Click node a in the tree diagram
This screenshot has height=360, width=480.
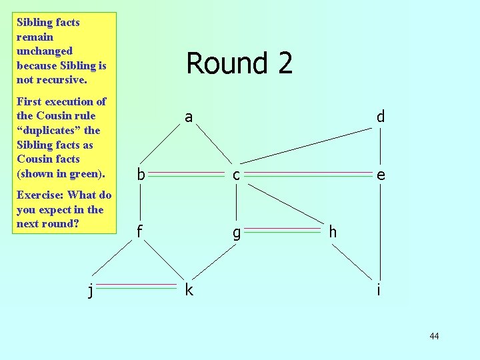coord(189,118)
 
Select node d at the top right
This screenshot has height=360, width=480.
coord(380,117)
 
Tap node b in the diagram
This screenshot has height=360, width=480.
coord(140,175)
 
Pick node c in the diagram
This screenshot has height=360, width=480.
coord(236,175)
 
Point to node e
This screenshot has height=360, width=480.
coord(380,175)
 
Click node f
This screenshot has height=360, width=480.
coord(140,232)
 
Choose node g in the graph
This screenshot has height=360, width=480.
coord(236,233)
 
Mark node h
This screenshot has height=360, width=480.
coord(333,232)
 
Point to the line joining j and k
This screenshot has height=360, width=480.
coord(139,287)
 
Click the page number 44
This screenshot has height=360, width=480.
coord(434,336)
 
